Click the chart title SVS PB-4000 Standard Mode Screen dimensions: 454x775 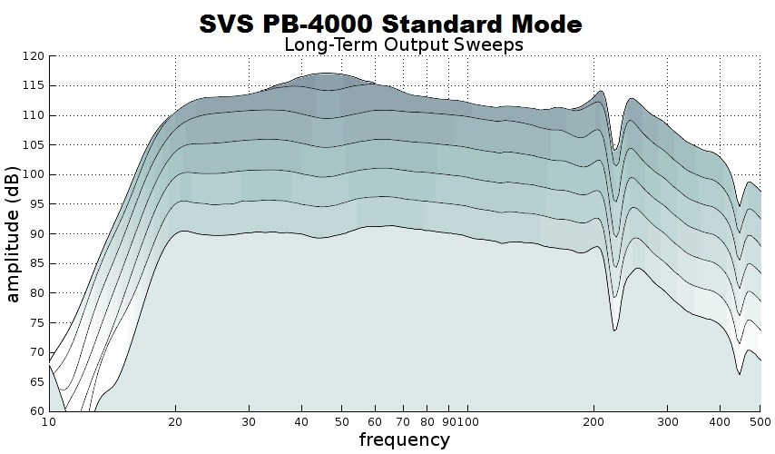[x=390, y=24]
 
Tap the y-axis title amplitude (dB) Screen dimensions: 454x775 [x=14, y=232]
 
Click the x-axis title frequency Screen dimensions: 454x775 [x=404, y=440]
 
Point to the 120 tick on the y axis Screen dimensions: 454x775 [x=33, y=56]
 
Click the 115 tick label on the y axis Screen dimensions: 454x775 [x=33, y=86]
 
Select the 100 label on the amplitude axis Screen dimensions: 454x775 [x=33, y=174]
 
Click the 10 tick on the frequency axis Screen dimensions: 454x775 [x=49, y=422]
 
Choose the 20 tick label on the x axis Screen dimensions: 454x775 [x=175, y=422]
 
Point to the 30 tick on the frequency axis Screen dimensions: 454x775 [x=250, y=422]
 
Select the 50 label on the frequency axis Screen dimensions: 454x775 [x=342, y=422]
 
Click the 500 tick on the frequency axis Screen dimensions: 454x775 [x=760, y=422]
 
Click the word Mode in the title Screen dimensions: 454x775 [x=541, y=24]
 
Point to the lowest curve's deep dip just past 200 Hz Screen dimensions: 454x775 [x=614, y=331]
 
